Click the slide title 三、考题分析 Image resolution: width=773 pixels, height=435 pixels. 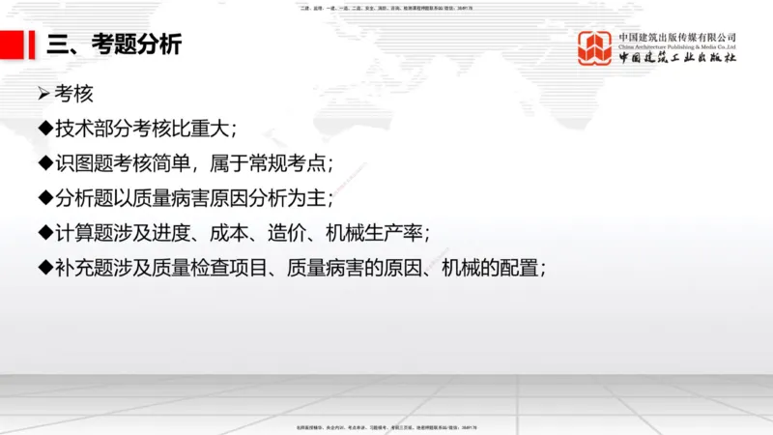coord(113,45)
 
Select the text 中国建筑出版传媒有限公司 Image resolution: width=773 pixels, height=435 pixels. coord(677,37)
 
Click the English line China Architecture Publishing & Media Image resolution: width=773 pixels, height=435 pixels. coord(677,46)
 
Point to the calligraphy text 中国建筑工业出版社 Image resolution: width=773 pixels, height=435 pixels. coord(677,58)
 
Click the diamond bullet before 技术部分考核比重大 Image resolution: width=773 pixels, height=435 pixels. coord(43,129)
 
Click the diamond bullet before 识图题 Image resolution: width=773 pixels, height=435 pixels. coord(43,163)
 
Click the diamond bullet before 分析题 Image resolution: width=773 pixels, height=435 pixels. coord(43,198)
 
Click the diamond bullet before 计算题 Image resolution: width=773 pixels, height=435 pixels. coord(43,233)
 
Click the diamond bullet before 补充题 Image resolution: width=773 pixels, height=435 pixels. coord(43,268)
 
